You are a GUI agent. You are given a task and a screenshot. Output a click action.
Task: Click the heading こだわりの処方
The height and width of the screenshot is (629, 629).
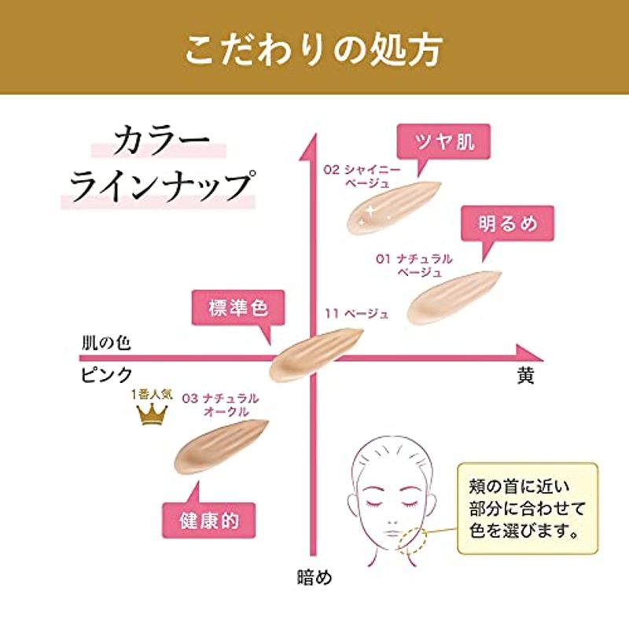(x=314, y=50)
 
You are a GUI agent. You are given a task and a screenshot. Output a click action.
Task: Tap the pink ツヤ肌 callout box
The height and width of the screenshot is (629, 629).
(x=443, y=142)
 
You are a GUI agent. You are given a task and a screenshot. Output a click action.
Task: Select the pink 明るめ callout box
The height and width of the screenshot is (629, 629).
(x=507, y=224)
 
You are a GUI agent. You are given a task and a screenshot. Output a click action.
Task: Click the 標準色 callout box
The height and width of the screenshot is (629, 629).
(x=238, y=308)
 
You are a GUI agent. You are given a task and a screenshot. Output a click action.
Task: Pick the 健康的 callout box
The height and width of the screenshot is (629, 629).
(x=208, y=520)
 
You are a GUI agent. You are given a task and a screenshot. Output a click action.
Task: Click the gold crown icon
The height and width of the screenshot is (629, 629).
(x=152, y=414)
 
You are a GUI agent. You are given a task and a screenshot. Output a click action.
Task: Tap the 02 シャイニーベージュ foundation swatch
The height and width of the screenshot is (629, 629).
(x=392, y=208)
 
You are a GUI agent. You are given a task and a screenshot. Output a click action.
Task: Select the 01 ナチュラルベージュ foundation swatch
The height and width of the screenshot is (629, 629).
(x=454, y=297)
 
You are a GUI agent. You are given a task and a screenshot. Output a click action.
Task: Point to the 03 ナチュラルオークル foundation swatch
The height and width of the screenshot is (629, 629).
(x=221, y=446)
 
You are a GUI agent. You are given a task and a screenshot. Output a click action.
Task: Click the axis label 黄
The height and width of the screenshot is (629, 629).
(x=525, y=376)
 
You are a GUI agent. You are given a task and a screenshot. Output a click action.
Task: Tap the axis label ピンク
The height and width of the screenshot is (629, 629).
(x=107, y=375)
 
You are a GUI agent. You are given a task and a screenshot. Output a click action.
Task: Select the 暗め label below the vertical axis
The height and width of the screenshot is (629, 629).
(x=315, y=577)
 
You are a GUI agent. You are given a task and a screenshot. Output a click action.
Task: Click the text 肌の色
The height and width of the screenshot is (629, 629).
(x=106, y=343)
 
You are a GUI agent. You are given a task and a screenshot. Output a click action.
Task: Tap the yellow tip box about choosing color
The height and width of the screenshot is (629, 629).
(x=528, y=509)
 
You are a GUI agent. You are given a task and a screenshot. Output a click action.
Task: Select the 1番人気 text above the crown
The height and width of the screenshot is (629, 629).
(x=152, y=395)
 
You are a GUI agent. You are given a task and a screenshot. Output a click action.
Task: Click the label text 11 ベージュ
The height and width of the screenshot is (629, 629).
(x=357, y=313)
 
